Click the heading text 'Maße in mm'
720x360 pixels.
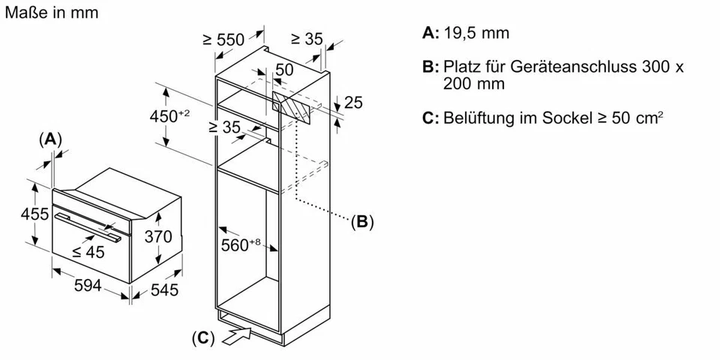coord(50,13)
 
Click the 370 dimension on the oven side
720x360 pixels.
coord(158,238)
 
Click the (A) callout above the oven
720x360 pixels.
coord(49,139)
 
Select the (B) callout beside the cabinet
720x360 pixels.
coord(361,221)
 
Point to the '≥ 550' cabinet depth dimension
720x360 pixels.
coord(223,40)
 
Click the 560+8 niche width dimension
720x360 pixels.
coord(241,244)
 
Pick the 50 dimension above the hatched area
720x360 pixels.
coord(284,70)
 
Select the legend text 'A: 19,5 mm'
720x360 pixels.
coord(466,33)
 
